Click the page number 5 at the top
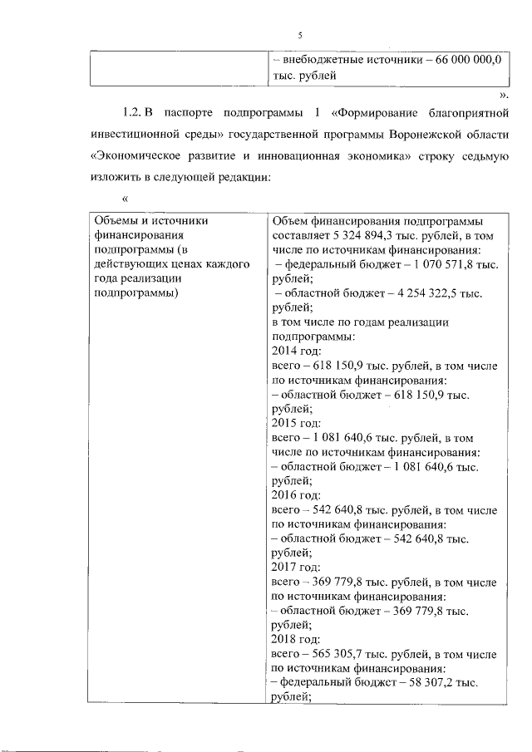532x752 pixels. [x=299, y=33]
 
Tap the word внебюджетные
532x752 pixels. [x=318, y=60]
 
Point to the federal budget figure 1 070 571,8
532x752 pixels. [x=438, y=263]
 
